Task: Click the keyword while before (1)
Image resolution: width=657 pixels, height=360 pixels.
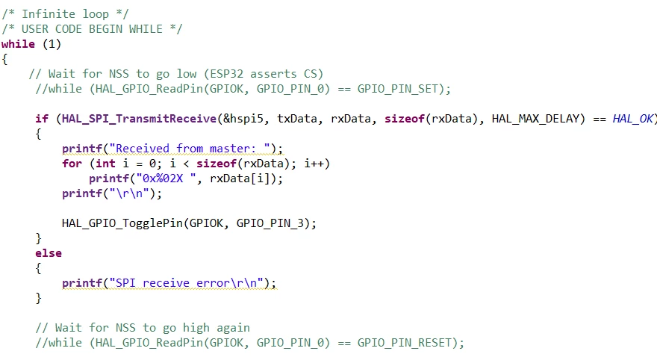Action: (x=18, y=44)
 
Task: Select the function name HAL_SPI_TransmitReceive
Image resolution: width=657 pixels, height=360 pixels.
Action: (x=139, y=119)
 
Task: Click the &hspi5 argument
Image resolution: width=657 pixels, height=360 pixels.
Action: (x=243, y=119)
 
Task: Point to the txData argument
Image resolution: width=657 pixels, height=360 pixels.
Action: (x=297, y=119)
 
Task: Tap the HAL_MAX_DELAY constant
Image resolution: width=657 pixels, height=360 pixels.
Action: (x=538, y=119)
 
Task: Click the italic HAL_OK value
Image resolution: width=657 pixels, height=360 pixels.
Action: (x=632, y=119)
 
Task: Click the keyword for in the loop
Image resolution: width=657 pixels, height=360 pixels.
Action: (x=72, y=164)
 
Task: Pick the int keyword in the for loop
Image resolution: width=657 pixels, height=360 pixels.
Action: (x=105, y=164)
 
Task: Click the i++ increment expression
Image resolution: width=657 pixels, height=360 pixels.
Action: (x=314, y=164)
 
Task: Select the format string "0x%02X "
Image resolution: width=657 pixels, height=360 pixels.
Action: (x=166, y=179)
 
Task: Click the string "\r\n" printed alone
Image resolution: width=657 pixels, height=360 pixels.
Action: (x=129, y=193)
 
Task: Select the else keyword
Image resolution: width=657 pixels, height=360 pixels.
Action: (x=49, y=253)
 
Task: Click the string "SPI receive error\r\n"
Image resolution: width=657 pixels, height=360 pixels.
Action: (x=187, y=283)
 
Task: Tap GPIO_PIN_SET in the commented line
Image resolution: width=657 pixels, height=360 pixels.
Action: (x=398, y=89)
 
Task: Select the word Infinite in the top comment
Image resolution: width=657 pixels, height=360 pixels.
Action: (x=49, y=14)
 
